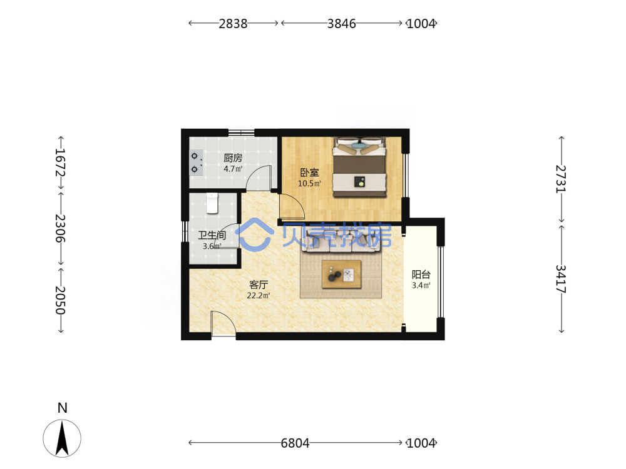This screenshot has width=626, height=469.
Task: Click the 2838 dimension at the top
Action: click(x=233, y=24)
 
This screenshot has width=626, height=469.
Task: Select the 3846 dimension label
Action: click(x=341, y=24)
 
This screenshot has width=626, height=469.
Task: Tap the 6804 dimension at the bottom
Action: click(x=295, y=443)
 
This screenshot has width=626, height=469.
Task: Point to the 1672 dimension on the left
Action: click(x=60, y=163)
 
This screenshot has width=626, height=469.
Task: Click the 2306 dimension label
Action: click(x=60, y=228)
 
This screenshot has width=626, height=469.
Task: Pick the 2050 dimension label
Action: click(x=60, y=300)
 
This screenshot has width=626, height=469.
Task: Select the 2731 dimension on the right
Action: click(x=561, y=179)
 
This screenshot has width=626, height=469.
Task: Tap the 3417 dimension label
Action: click(x=561, y=279)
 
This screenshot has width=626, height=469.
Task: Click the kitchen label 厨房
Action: click(x=233, y=158)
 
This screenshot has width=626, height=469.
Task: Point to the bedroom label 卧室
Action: click(x=309, y=173)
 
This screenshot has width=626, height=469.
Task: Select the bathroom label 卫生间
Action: click(x=212, y=236)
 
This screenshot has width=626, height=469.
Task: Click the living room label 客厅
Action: click(x=259, y=285)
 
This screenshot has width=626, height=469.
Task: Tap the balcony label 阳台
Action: click(x=421, y=275)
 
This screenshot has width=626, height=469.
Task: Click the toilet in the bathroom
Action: click(x=212, y=203)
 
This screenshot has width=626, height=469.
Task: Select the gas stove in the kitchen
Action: click(x=195, y=163)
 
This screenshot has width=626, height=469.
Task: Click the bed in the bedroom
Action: click(x=360, y=167)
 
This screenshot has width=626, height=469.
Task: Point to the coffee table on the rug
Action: click(x=341, y=275)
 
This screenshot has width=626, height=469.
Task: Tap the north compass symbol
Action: click(x=62, y=438)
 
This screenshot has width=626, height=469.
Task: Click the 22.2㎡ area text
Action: click(x=259, y=296)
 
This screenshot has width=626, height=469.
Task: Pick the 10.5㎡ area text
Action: click(x=309, y=183)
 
